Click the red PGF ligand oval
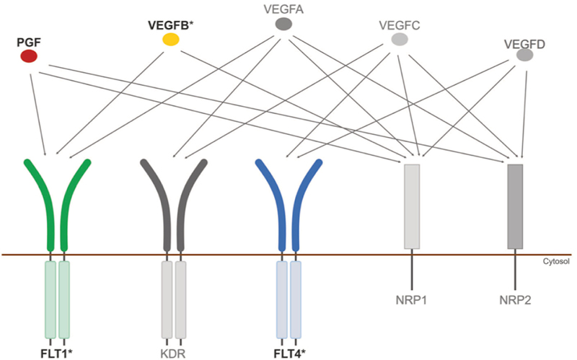(29, 56)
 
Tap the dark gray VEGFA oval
(283, 25)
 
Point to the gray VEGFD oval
(524, 55)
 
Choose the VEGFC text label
(399, 27)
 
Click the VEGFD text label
(524, 42)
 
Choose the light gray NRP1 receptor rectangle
(412, 206)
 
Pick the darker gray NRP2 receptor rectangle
(515, 206)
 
